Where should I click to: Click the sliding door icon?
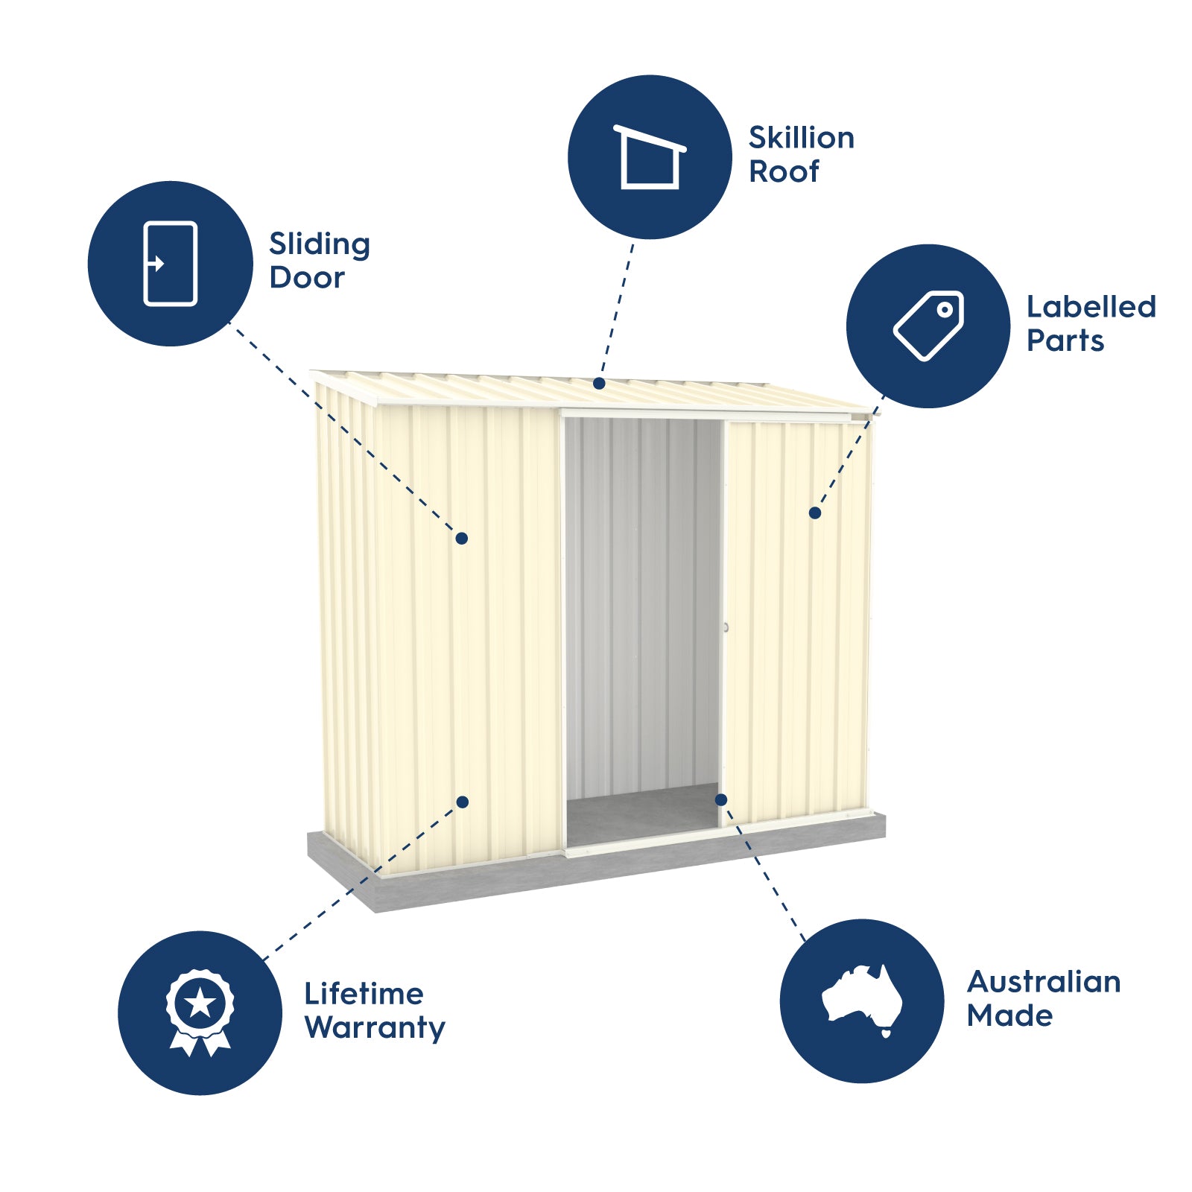point(171,264)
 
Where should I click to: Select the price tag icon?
point(928,326)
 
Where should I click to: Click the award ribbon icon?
point(200,1012)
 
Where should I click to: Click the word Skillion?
point(802,138)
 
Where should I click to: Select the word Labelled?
point(1091,307)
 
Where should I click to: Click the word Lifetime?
point(364,994)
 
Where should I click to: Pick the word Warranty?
point(375,1029)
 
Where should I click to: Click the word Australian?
point(1044,982)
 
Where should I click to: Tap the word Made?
point(1010,1016)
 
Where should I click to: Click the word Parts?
point(1065,341)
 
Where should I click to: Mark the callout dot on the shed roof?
point(599,384)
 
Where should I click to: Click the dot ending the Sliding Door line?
point(462,538)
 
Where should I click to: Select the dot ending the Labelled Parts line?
point(815,513)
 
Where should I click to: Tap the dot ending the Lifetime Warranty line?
point(463,802)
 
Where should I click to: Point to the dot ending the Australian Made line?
point(721,799)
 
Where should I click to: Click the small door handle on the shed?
point(726,628)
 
